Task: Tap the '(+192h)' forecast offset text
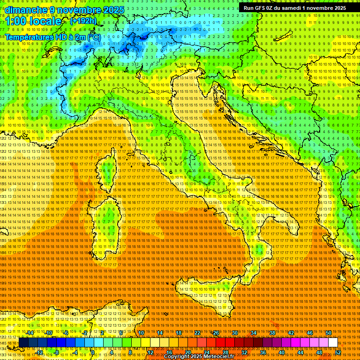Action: coord(83,21)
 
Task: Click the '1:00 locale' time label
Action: coord(33,22)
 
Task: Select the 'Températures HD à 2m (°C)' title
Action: coord(53,37)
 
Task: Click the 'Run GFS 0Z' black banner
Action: coord(295,8)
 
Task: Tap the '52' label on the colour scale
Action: coord(337,352)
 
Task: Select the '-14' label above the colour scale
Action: coord(30,333)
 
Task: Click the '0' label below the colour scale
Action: coord(93,352)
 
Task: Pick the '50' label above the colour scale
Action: coord(328,333)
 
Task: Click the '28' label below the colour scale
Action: coord(225,352)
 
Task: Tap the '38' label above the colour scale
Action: coord(272,333)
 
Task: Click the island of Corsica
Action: coord(107,171)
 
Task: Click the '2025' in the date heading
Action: coord(113,10)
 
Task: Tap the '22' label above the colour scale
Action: coord(197,333)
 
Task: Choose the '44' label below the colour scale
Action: coord(300,352)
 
